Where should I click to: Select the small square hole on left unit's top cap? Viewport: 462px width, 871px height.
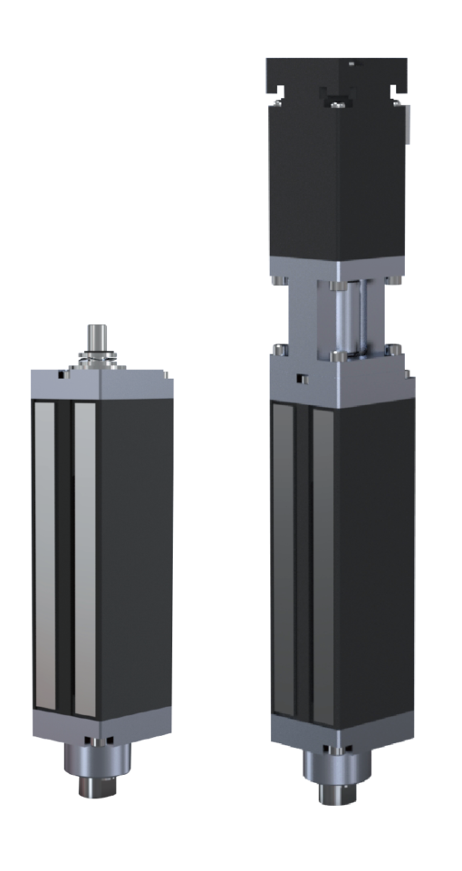[64, 373]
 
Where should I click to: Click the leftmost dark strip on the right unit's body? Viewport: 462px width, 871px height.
[282, 562]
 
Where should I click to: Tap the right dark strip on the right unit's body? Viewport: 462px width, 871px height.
[322, 562]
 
